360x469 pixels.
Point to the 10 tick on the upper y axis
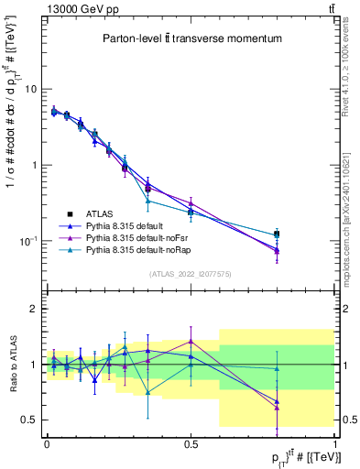point(30,89)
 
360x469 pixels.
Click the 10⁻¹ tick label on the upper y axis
point(27,240)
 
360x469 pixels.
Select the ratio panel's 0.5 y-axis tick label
point(28,420)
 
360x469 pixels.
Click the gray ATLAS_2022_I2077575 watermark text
point(191,274)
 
